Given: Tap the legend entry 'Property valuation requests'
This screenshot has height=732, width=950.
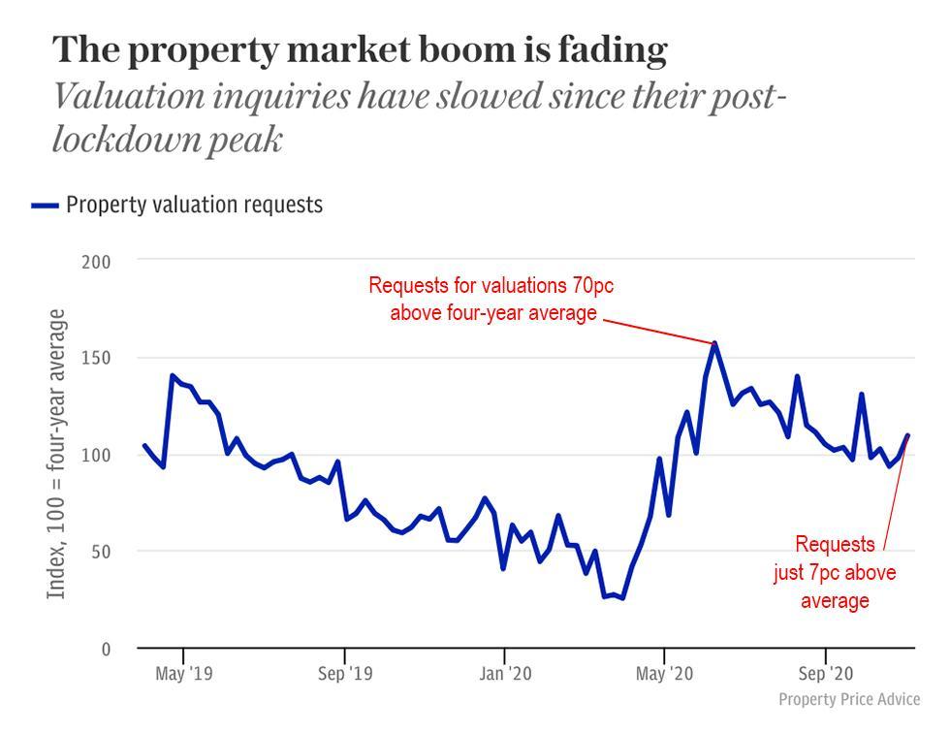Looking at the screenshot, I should [x=194, y=205].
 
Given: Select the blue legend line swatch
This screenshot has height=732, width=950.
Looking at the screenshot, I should [x=45, y=206].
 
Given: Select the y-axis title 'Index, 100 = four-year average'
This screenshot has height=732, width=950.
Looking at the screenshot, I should [x=57, y=454].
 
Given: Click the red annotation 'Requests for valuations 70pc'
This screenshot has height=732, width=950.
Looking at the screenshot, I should [x=491, y=286].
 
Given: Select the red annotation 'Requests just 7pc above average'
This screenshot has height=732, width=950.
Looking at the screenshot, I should [x=835, y=572].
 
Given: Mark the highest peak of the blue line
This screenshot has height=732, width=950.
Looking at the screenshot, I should [x=714, y=342].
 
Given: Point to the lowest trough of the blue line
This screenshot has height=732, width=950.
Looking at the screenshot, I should [x=622, y=598].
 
